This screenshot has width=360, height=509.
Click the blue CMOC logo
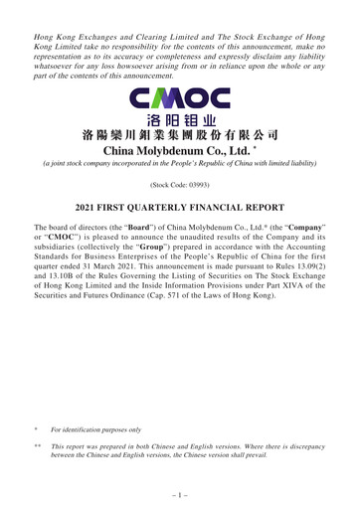[x=180, y=99]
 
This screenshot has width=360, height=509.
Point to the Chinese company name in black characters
[x=180, y=134]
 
